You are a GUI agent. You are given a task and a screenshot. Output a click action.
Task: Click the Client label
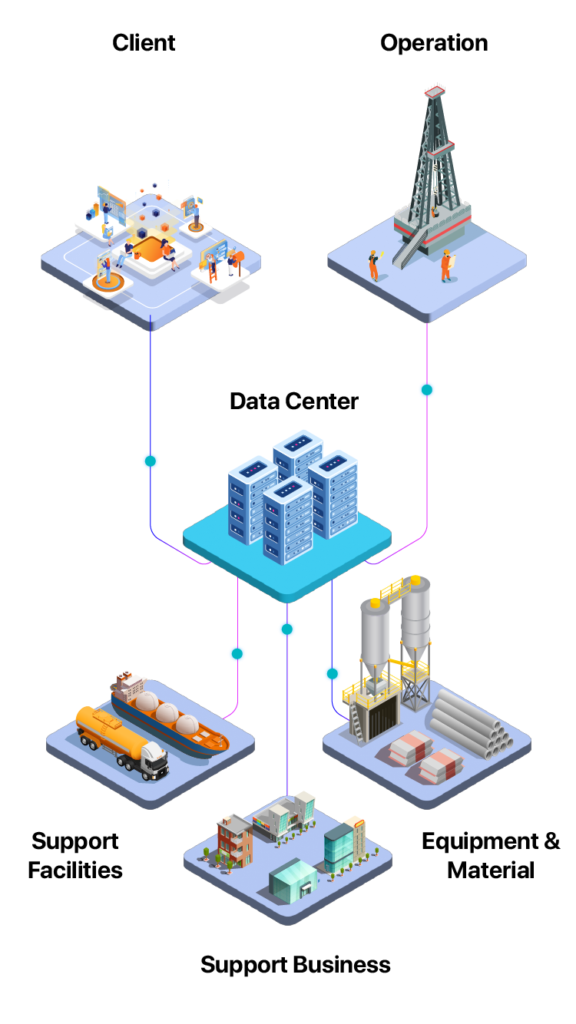point(144,42)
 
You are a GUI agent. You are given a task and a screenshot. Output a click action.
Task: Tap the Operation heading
point(434,42)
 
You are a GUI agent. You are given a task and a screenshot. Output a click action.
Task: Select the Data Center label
point(293,401)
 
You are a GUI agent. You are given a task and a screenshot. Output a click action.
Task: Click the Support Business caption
point(296,964)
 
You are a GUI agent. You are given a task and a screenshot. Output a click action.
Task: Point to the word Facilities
point(75,870)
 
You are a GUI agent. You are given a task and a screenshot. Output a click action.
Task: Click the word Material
point(490,870)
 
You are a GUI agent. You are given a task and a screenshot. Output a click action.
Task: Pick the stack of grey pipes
point(470,725)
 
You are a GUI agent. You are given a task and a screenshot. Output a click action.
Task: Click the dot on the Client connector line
point(151,461)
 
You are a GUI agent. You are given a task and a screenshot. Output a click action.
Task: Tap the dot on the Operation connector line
point(427,389)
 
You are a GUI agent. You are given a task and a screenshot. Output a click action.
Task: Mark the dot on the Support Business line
point(286,629)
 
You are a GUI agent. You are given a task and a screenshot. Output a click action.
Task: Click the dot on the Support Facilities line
point(237,654)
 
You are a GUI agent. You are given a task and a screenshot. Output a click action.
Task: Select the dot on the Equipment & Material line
point(332,674)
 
